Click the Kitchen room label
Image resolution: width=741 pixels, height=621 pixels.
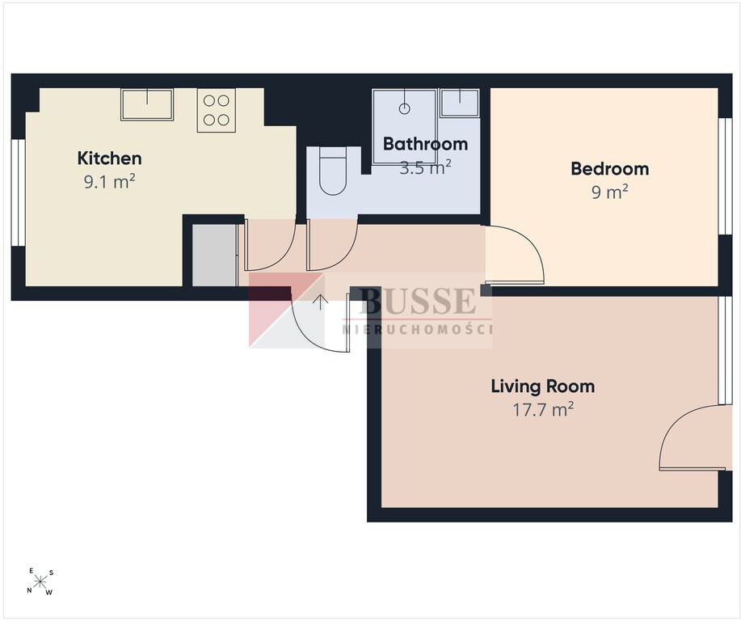110,158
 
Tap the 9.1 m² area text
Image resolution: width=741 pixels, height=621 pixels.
110,181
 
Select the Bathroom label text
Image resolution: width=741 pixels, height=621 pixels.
425,144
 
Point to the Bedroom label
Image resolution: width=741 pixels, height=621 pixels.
609,169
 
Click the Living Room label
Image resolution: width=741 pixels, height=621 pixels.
543,387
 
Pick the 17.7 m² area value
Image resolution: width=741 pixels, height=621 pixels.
544,409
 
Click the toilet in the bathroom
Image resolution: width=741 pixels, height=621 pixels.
333,171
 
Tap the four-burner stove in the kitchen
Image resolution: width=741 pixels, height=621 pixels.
217,110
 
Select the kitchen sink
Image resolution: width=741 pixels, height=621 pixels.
147,104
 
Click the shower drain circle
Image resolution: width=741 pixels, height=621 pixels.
404,109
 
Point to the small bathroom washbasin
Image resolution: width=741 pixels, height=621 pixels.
459,103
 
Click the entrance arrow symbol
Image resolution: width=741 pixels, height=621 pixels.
321,302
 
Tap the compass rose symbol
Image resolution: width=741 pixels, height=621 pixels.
40,581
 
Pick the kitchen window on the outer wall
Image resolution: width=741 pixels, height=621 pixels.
18,192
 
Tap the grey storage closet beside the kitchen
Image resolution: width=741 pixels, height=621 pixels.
215,256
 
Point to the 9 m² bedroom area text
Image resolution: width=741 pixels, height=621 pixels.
609,192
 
